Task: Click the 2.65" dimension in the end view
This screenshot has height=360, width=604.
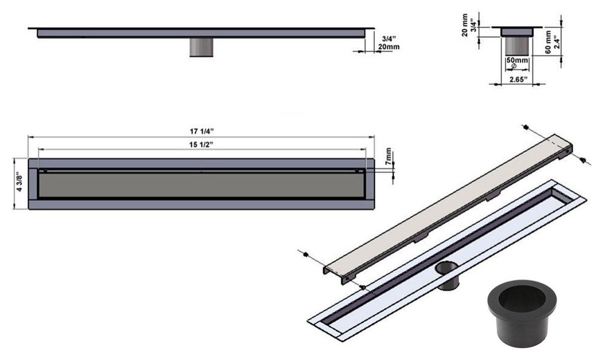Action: (x=517, y=79)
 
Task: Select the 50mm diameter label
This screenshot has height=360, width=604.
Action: (x=517, y=60)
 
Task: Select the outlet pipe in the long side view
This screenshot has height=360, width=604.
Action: (x=201, y=47)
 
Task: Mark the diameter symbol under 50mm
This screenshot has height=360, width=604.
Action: (x=512, y=66)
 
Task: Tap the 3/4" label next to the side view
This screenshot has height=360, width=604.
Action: (x=388, y=38)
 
